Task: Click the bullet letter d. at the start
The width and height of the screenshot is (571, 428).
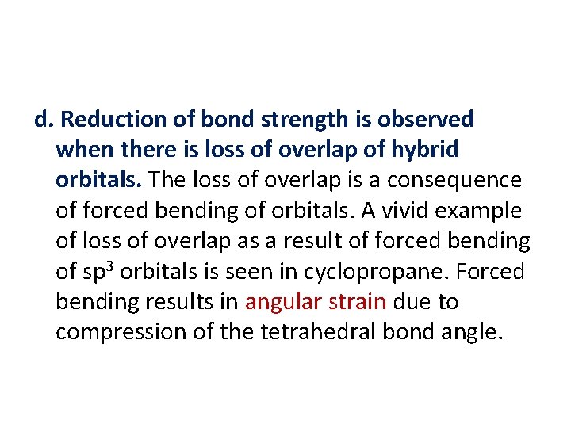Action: click(44, 120)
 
